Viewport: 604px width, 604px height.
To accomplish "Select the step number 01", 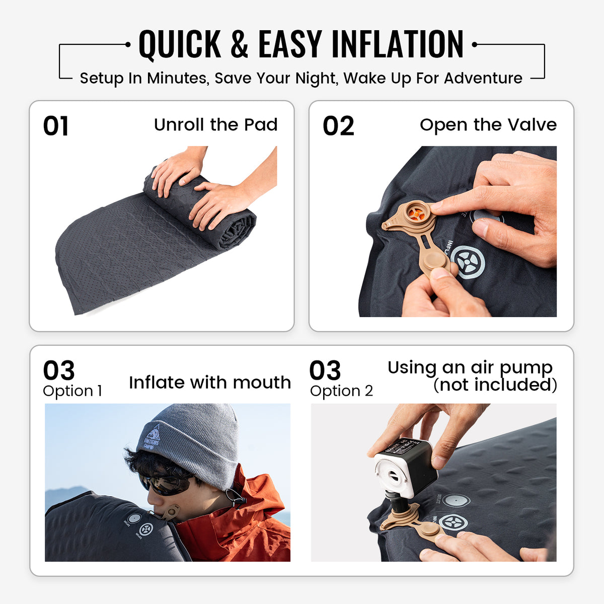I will point(56,126).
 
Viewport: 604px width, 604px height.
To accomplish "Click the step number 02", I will point(338,126).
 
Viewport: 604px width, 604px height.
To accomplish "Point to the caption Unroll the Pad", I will point(215,125).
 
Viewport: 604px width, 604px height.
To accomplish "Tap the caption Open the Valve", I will point(488,125).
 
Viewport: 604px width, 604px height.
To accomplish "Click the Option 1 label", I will point(72,391).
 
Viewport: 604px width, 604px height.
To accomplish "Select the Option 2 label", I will point(341,391).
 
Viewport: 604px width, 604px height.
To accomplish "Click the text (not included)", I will point(495,385).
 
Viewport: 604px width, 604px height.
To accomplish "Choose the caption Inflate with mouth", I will point(210,383).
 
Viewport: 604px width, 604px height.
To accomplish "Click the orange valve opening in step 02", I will point(416,214).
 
